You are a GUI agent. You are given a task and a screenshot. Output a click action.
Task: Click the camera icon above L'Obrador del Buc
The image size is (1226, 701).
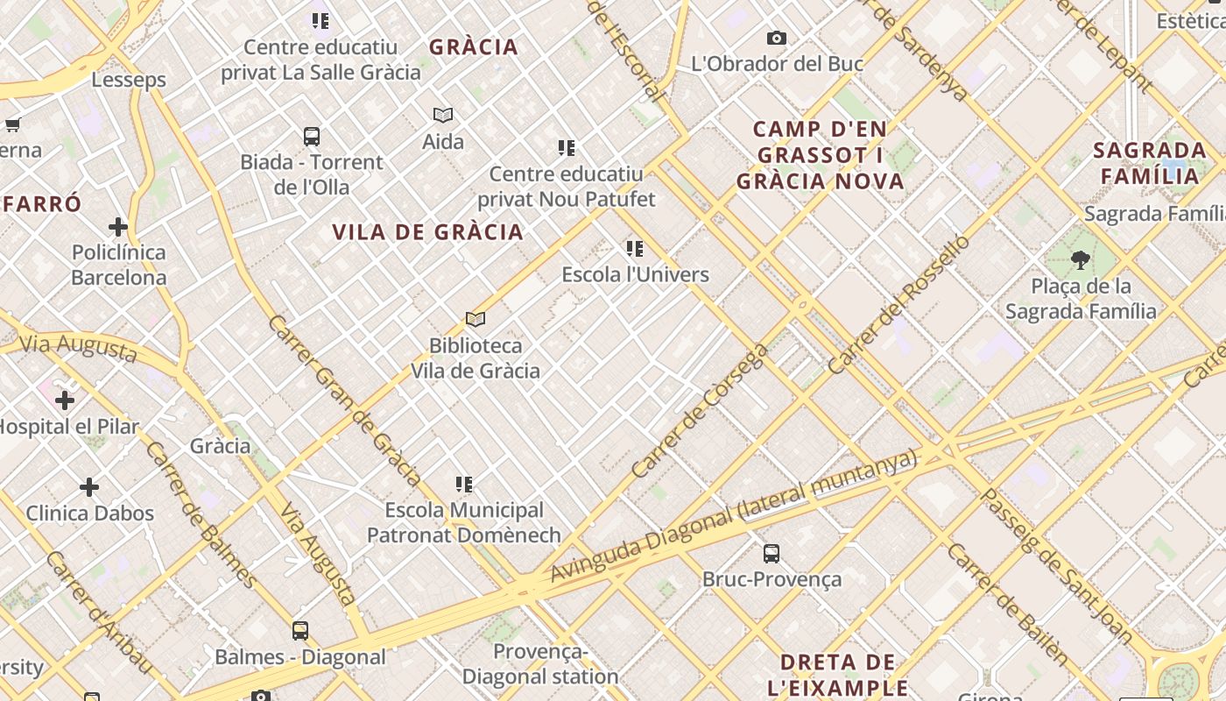(776, 38)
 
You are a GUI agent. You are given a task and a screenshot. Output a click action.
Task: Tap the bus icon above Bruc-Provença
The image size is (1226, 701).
(771, 554)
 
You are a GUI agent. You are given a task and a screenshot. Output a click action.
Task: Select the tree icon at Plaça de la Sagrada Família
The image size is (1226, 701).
(1081, 259)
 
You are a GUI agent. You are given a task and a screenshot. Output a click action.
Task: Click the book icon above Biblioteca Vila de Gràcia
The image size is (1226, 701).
(476, 320)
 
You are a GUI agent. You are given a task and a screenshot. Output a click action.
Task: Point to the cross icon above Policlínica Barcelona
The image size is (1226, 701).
(118, 227)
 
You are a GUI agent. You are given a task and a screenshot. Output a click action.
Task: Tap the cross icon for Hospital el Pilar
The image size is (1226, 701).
(65, 400)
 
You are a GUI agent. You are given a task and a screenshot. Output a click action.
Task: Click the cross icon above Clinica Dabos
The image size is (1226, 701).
(89, 486)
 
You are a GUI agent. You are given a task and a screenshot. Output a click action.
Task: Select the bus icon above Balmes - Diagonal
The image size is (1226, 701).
(300, 630)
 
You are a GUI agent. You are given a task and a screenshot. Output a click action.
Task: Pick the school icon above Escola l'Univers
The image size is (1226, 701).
(635, 249)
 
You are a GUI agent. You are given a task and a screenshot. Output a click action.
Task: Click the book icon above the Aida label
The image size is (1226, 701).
(443, 115)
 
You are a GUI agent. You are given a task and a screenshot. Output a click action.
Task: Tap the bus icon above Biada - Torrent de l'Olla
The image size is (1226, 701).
(312, 137)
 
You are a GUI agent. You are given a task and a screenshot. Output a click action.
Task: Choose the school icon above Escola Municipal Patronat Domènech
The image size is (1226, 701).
(464, 484)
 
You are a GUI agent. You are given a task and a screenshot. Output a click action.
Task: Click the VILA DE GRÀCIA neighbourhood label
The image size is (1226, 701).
(427, 232)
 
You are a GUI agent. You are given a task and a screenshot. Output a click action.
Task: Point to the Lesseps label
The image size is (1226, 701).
(129, 80)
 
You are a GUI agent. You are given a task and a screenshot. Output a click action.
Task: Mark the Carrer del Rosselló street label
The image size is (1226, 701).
(899, 304)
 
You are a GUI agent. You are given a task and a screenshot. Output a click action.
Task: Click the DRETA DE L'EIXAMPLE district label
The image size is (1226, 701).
(838, 674)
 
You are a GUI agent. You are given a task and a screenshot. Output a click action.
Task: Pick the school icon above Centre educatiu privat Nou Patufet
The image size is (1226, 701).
(567, 147)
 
